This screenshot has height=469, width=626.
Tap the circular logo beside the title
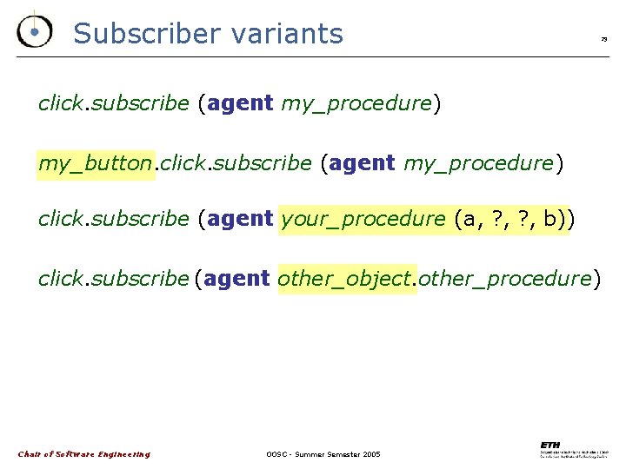34,31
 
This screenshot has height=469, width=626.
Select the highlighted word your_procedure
363,219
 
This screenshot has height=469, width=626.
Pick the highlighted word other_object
346,279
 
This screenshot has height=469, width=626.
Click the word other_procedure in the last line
504,279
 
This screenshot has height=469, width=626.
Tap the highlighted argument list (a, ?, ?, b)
511,219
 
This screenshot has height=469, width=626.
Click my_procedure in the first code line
356,103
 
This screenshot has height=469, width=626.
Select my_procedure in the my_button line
478,162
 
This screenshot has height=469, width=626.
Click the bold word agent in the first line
241,103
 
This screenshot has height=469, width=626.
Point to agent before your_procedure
241,219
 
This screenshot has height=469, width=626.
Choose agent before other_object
237,279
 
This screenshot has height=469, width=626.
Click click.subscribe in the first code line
114,103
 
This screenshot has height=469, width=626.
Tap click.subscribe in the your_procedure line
114,219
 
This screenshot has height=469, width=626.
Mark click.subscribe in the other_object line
114,279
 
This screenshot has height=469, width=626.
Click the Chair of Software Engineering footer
84,454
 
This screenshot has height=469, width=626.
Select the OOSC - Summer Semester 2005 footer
323,454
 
